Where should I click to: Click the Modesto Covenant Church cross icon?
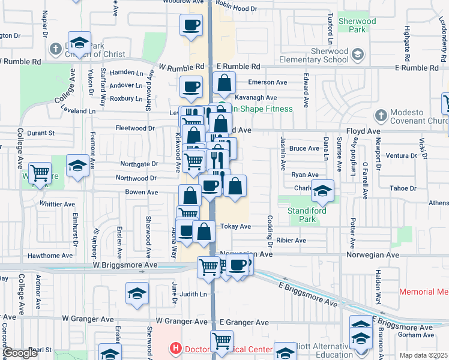tap(380, 115)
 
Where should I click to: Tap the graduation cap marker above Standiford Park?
tap(322, 191)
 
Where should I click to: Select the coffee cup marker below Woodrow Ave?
tap(191, 25)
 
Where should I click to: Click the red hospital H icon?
tap(175, 347)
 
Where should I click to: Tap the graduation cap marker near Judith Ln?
tap(137, 293)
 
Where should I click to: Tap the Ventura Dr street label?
tap(402, 155)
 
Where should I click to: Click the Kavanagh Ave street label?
tap(255, 97)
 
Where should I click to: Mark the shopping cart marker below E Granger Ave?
tap(222, 341)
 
